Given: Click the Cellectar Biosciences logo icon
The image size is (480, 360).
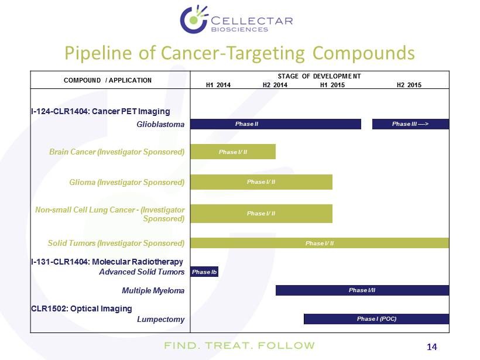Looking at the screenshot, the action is click(194, 19).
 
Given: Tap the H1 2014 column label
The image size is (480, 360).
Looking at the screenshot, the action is click(218, 85).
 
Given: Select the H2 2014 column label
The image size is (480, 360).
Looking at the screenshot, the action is click(275, 85).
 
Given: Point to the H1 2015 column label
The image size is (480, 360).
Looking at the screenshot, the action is click(332, 85).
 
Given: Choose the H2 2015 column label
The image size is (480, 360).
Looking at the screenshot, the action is click(409, 85).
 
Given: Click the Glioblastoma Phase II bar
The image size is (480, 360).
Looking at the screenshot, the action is click(276, 124).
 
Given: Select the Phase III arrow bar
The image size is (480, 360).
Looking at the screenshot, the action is click(410, 124).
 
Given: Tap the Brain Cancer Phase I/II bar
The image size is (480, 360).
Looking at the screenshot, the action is click(233, 152).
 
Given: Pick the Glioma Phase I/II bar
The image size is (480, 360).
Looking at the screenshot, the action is click(262, 182).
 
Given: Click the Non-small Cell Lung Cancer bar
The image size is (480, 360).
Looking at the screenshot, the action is click(262, 214).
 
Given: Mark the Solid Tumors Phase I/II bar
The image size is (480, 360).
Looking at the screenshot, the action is click(320, 243).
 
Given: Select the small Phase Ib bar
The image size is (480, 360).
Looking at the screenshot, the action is click(204, 272).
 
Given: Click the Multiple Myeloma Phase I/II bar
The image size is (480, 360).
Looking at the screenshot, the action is click(362, 290).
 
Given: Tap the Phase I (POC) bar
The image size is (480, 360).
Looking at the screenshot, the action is click(376, 318).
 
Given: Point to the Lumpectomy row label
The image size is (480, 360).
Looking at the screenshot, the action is click(161, 319).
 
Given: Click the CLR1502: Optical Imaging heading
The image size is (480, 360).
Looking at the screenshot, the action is click(81, 308).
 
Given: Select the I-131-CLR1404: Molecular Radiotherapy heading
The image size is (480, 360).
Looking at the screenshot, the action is click(107, 262).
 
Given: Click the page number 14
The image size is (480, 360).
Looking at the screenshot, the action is click(431, 347).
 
